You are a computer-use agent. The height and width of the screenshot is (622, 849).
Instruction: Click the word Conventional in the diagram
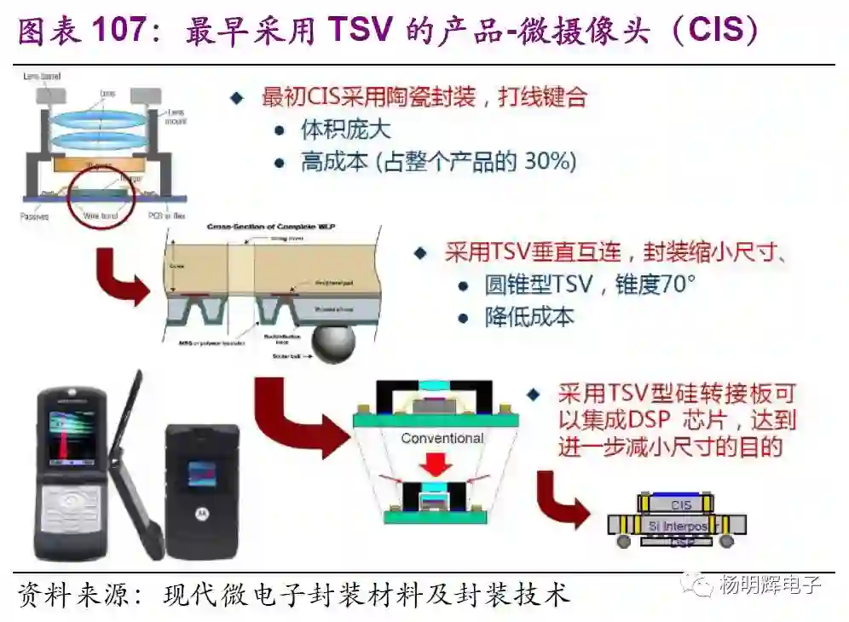click(x=442, y=438)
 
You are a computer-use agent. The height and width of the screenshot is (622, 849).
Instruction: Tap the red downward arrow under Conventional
click(x=441, y=464)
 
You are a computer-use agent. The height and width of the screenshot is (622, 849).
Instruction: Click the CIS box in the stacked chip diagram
click(x=680, y=505)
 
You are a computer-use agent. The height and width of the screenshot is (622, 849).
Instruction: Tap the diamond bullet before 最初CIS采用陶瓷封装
click(x=237, y=98)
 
